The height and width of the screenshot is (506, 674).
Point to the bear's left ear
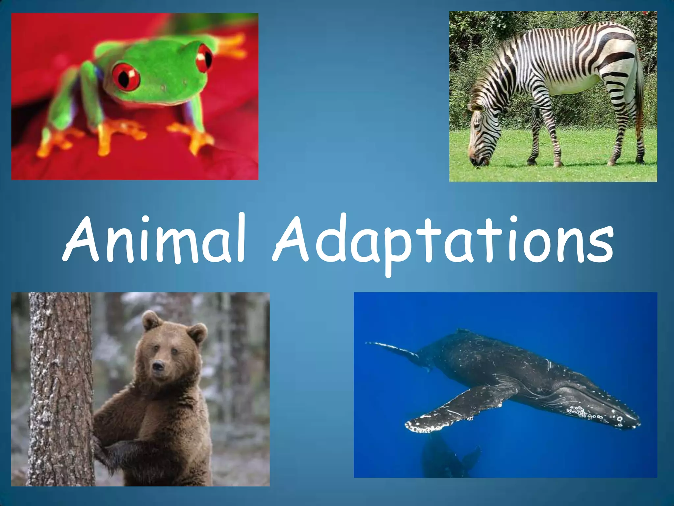point(151,320)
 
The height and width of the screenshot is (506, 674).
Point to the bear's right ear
point(197,333)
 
